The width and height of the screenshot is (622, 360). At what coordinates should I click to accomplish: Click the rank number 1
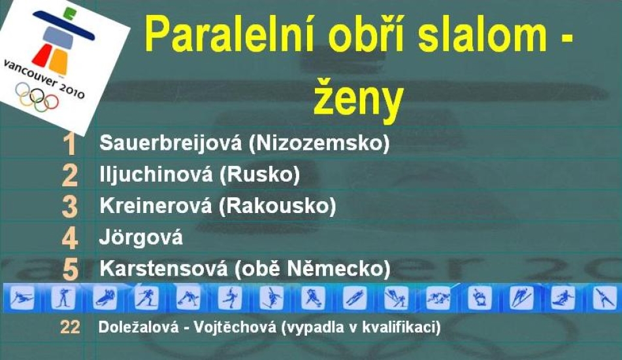click(70, 144)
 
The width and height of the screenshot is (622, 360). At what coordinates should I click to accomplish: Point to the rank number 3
click(70, 206)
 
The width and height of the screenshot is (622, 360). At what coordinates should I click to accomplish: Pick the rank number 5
click(70, 270)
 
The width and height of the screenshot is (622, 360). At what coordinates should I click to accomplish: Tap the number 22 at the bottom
click(70, 327)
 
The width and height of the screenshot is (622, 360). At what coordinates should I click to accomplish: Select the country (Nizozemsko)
click(319, 143)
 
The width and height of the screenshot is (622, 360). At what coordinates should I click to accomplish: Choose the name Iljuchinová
click(156, 174)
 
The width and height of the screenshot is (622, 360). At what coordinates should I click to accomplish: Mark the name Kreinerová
click(155, 206)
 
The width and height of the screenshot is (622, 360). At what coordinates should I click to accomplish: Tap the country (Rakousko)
click(277, 206)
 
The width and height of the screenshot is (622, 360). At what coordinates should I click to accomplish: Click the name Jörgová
click(141, 237)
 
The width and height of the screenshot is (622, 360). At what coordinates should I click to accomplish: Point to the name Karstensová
click(163, 269)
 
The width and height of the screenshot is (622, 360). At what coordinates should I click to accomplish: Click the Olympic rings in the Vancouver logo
click(37, 96)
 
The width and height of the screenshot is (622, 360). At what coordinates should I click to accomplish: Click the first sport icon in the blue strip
click(22, 298)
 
